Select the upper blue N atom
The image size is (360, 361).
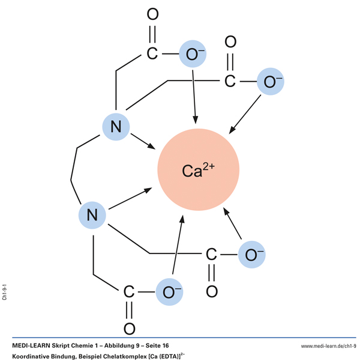(116, 126)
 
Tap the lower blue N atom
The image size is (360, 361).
(92, 214)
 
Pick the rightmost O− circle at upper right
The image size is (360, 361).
(271, 82)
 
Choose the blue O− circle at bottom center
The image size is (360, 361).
(169, 293)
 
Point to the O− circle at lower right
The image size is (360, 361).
(252, 254)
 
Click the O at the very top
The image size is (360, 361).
(152, 15)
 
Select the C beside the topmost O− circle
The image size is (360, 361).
(152, 54)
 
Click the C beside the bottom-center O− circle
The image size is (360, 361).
(129, 293)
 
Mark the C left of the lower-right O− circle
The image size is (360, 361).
(211, 254)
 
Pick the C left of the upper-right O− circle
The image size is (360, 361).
(230, 81)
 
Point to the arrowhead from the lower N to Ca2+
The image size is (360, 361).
(148, 191)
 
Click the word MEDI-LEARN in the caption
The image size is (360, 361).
(34, 346)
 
